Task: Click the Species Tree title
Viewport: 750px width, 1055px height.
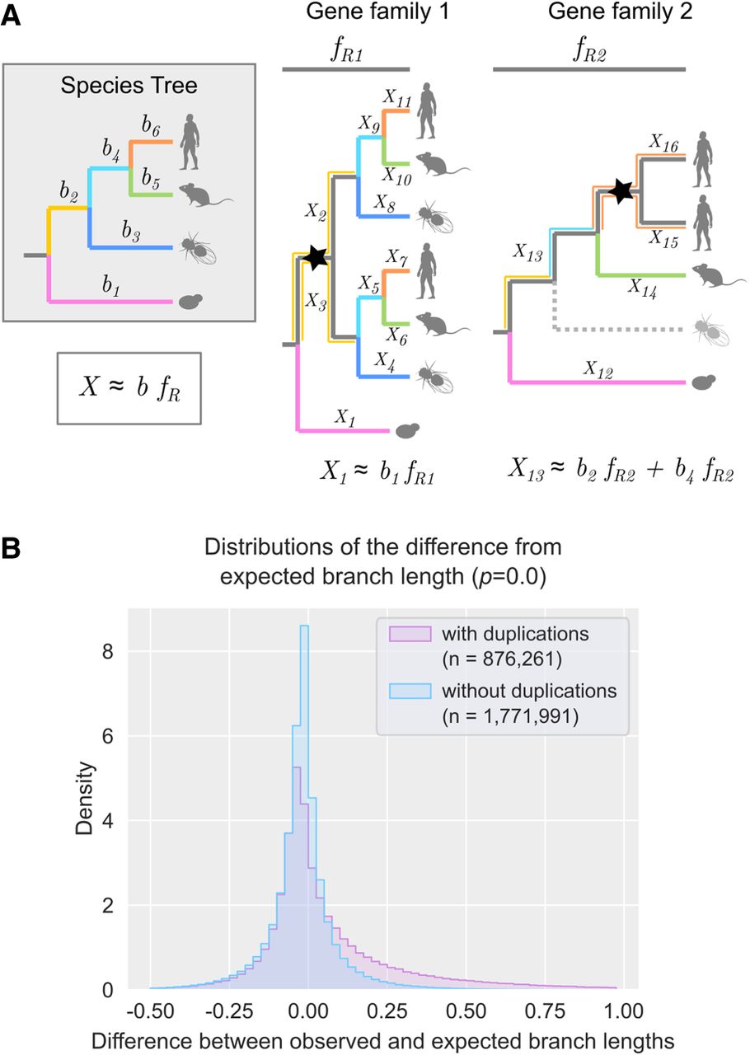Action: pyautogui.click(x=129, y=86)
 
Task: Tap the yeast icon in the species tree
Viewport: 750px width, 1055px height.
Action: pyautogui.click(x=191, y=302)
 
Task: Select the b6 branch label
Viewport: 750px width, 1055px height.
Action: pyautogui.click(x=151, y=126)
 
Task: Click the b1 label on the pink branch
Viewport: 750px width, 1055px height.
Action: pyautogui.click(x=110, y=285)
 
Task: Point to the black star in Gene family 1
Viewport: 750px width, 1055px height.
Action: pyautogui.click(x=315, y=257)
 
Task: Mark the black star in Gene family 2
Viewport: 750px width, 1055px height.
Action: pyautogui.click(x=621, y=191)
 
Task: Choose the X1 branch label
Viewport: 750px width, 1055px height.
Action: pyautogui.click(x=345, y=417)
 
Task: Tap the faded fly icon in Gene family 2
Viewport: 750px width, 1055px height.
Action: pyautogui.click(x=710, y=329)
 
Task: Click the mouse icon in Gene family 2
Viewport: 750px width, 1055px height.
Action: pyautogui.click(x=719, y=275)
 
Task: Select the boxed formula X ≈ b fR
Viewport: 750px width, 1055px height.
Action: pyautogui.click(x=129, y=388)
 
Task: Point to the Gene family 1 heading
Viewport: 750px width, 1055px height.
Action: pyautogui.click(x=377, y=12)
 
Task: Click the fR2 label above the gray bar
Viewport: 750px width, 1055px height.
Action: pyautogui.click(x=589, y=51)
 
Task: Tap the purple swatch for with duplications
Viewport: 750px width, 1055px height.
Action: pyautogui.click(x=410, y=634)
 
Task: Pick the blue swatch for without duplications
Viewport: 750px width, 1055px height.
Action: pyautogui.click(x=410, y=691)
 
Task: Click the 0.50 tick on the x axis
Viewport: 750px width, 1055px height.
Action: pyautogui.click(x=466, y=1010)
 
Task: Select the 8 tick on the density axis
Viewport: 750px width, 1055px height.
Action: pyautogui.click(x=108, y=652)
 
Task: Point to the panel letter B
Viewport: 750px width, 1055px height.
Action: pyautogui.click(x=11, y=548)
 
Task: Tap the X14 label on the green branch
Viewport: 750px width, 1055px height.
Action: pyautogui.click(x=643, y=288)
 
